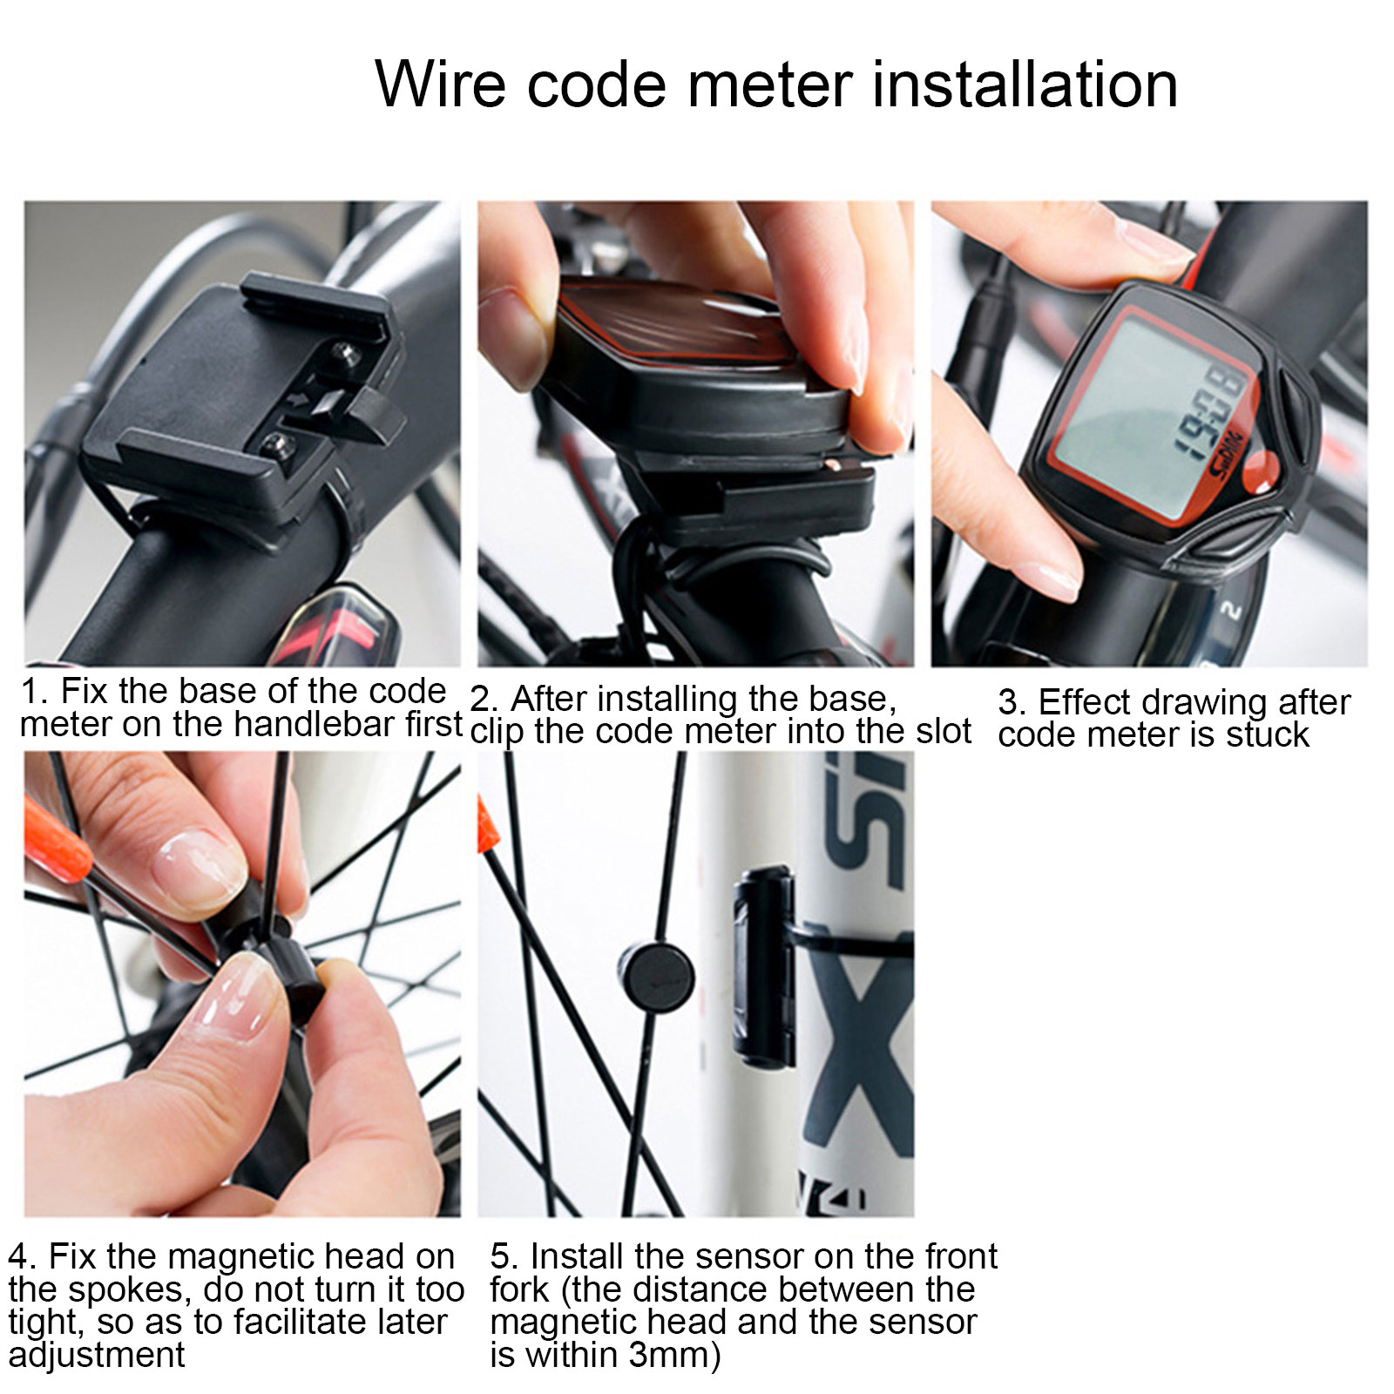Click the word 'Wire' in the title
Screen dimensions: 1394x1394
pyautogui.click(x=441, y=85)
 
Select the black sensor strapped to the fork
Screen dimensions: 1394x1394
pyautogui.click(x=764, y=967)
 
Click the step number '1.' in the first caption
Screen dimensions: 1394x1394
pyautogui.click(x=35, y=692)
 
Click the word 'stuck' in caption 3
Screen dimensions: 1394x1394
pyautogui.click(x=1268, y=735)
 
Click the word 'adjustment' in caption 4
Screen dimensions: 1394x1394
pyautogui.click(x=97, y=1357)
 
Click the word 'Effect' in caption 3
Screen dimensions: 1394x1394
pyautogui.click(x=1089, y=702)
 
